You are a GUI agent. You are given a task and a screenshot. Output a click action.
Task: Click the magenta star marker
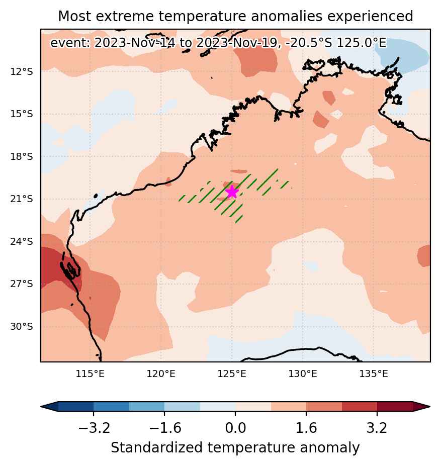tap(232, 192)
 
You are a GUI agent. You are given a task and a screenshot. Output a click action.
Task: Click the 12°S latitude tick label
tap(22, 72)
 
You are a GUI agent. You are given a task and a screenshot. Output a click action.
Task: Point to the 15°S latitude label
tap(22, 114)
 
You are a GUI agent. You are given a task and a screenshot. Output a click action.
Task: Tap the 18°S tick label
tap(22, 156)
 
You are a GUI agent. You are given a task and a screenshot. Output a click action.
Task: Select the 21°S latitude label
tap(22, 199)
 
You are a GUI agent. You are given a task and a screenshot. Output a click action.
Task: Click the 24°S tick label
tap(22, 242)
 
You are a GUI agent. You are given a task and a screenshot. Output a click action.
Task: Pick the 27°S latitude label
tap(22, 284)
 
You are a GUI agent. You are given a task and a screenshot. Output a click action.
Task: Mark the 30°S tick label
tap(22, 327)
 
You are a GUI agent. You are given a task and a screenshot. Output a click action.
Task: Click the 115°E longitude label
tap(90, 374)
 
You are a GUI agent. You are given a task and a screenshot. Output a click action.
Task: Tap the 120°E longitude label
tap(161, 374)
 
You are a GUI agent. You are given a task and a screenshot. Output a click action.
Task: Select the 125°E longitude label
tap(232, 374)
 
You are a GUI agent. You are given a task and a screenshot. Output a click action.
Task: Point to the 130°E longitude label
tap(303, 374)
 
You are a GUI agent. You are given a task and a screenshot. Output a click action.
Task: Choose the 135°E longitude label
tap(374, 374)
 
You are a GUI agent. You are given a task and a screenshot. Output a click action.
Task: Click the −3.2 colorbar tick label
tap(94, 428)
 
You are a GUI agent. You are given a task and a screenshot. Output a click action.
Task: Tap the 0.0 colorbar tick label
tap(235, 428)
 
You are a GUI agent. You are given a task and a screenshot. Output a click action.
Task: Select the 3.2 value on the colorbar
tap(377, 428)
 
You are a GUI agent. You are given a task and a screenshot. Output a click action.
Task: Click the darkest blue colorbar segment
tap(76, 407)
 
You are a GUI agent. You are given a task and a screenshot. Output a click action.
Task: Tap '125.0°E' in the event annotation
tap(362, 43)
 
